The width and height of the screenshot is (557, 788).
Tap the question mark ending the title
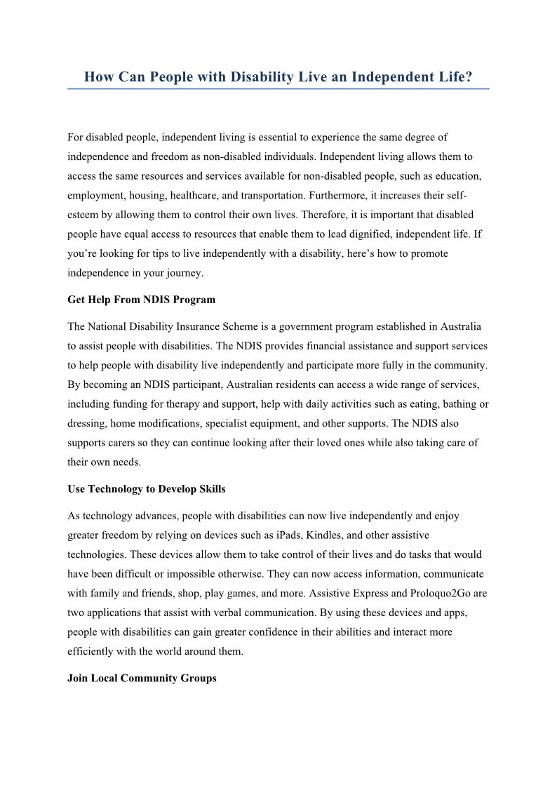tap(469, 77)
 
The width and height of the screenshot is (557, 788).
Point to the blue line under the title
tap(278, 89)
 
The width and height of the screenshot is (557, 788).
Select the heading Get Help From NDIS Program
tap(141, 300)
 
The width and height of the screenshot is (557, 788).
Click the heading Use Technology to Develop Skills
tap(146, 488)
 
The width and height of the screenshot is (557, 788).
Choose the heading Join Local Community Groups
tap(142, 678)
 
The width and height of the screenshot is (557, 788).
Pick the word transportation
tap(278, 195)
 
